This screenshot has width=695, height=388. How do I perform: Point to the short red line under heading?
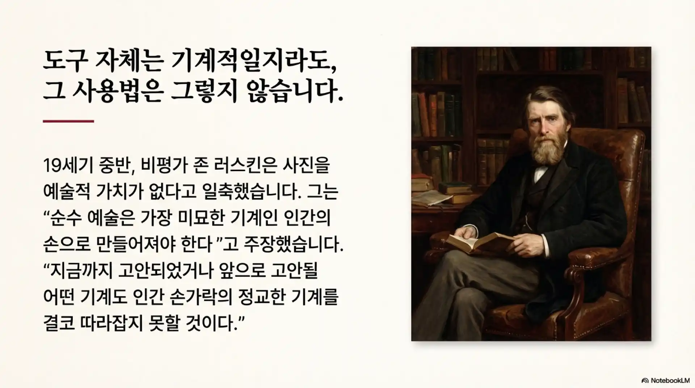[x=68, y=121]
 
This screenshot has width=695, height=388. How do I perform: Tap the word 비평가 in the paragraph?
[x=160, y=165]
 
